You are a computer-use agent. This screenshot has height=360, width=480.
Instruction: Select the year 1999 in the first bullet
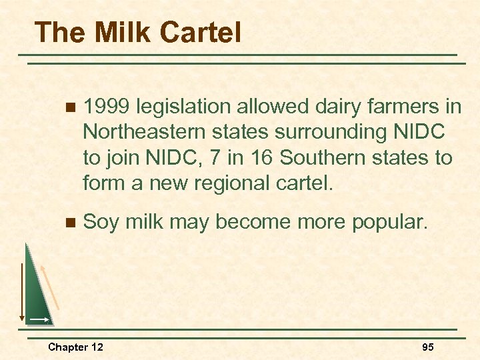coord(109,107)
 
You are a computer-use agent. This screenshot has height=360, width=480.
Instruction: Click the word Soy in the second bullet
coord(101,221)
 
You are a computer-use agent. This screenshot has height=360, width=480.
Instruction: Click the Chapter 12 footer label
coord(75,347)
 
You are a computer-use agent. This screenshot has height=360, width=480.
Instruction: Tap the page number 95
coord(428,347)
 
